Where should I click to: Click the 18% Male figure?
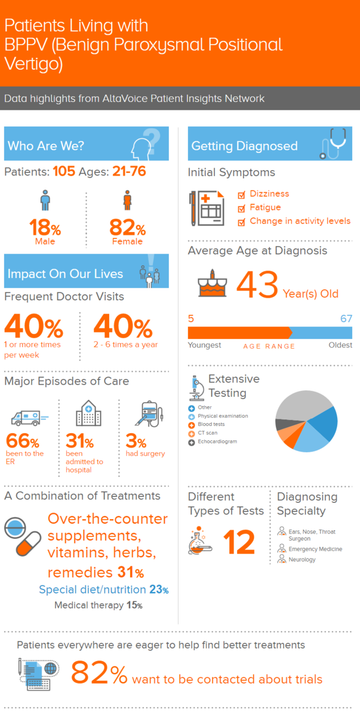pos(45,229)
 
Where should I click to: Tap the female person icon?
pos(127,200)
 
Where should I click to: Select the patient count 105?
pos(64,172)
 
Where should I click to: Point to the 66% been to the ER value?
pos(22,442)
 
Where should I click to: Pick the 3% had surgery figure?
pos(136,442)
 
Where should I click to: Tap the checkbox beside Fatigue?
pos(241,208)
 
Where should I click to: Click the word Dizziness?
pos(269,194)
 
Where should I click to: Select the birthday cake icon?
pos(213,284)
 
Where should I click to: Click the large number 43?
pos(257,285)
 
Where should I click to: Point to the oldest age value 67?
pos(346,319)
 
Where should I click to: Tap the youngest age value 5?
pos(191,319)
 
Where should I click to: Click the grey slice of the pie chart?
pos(299,408)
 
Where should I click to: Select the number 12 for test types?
pos(239,542)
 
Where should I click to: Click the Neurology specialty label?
pos(302,560)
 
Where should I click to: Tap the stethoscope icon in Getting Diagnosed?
pos(331,144)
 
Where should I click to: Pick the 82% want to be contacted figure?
pos(99,674)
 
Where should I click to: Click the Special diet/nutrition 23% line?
pos(103,590)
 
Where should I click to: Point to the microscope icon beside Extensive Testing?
pos(196,387)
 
